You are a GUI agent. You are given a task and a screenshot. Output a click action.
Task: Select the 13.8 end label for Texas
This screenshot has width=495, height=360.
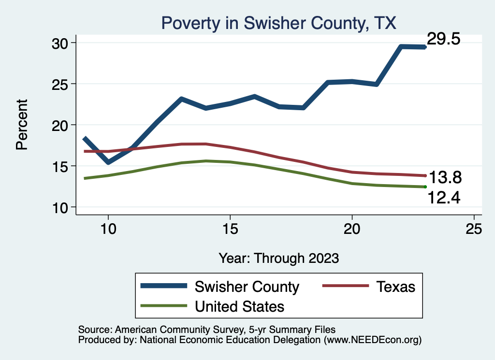pos(446,178)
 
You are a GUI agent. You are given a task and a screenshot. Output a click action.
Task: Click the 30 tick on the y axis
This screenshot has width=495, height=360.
pos(62,43)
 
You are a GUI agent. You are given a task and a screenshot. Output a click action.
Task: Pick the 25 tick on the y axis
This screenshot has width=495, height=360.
pos(62,84)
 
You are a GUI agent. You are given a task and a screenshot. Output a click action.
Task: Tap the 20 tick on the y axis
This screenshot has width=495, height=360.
pos(62,125)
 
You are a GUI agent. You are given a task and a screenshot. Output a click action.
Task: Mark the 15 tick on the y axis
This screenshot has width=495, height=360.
pos(62,166)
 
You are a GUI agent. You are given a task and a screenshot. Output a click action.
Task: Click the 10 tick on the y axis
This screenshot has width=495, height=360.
pos(62,207)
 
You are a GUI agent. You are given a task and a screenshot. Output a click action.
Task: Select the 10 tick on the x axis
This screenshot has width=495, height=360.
pos(108,229)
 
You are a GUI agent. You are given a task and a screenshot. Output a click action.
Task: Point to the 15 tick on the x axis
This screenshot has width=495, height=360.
pos(230,229)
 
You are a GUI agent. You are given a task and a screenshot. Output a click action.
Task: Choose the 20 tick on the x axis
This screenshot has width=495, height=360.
pos(352,229)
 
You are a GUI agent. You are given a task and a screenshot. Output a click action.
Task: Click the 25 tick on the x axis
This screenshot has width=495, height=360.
pos(474,229)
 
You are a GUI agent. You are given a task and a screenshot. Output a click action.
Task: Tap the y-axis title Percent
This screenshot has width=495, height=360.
pos(22,125)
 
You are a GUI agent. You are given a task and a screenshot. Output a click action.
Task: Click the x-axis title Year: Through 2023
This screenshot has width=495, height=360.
pos(278,258)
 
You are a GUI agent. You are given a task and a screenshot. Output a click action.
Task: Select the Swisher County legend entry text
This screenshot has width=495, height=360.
pos(247,287)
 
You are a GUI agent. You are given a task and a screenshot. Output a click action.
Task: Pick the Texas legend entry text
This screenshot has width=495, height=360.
pos(396,287)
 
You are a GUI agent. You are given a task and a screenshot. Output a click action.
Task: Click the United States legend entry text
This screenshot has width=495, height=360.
pos(239,306)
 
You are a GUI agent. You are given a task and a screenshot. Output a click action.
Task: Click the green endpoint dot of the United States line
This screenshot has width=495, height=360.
pos(425,187)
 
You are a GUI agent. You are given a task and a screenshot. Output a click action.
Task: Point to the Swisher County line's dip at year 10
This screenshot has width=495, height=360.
pos(108,162)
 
